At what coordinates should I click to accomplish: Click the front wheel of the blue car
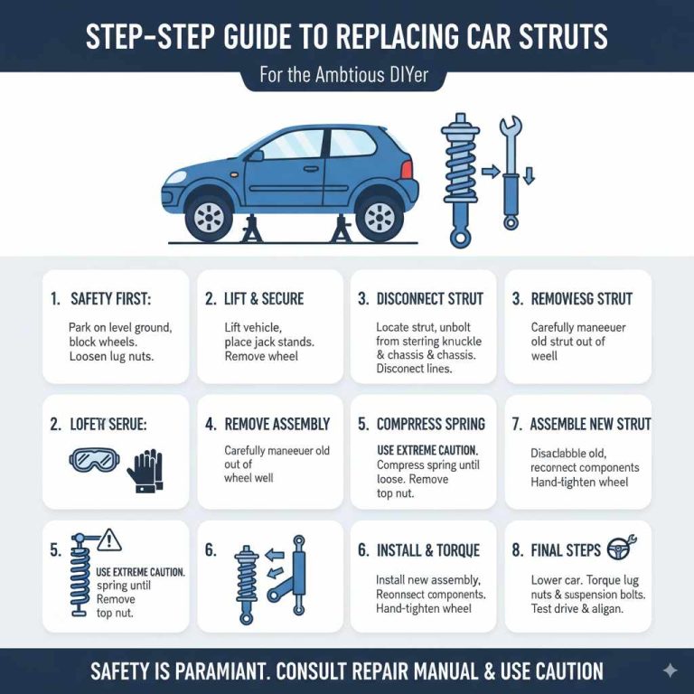209,216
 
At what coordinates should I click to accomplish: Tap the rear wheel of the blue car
379,216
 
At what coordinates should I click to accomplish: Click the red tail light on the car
407,169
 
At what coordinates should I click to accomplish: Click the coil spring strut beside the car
459,181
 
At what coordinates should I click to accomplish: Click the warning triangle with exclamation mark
108,539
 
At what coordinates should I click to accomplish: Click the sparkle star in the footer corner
670,671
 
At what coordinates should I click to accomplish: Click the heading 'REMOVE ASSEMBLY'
277,424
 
